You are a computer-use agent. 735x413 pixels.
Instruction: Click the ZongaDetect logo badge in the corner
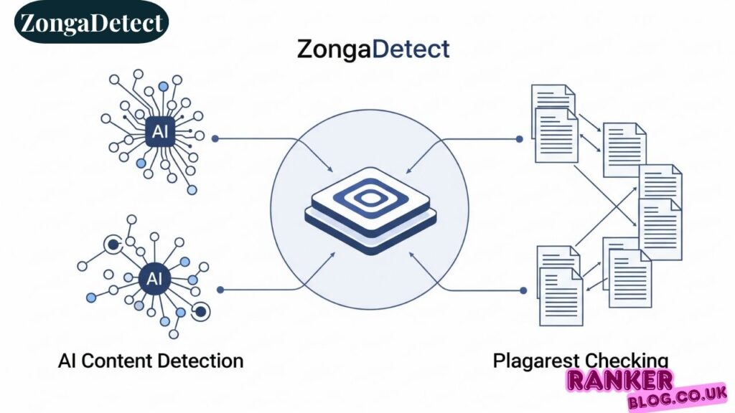click(x=91, y=22)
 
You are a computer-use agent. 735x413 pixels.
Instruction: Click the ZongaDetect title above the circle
click(x=373, y=49)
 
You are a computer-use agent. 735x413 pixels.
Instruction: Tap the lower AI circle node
click(x=154, y=279)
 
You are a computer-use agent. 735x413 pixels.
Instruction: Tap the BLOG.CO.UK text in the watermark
click(x=676, y=397)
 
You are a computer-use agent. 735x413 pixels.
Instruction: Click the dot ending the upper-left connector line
click(x=215, y=138)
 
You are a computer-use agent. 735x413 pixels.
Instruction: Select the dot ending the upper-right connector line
click(x=520, y=138)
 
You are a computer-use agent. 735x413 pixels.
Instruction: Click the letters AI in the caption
click(x=67, y=360)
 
